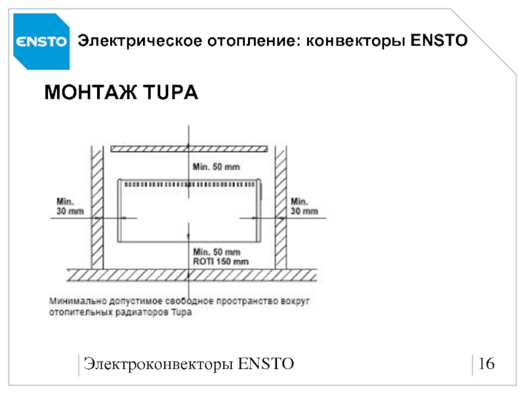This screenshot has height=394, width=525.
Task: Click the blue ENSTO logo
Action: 41,41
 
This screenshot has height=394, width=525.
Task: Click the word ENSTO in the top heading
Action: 439,41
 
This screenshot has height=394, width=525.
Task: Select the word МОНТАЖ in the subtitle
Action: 91,92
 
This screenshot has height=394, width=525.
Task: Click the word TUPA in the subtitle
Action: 171,92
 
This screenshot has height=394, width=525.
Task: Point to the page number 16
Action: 486,364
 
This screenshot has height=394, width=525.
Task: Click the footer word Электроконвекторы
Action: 158,364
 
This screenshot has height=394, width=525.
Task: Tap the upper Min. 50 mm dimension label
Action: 217,167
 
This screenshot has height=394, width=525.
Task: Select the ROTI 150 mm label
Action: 220,261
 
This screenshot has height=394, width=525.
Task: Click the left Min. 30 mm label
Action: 70,206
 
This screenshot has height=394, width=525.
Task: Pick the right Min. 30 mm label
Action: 304,206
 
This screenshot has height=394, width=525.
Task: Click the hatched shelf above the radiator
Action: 189,149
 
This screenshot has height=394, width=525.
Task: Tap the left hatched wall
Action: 97,207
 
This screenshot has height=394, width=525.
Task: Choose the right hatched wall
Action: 281,207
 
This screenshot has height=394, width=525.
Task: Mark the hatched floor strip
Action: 192,275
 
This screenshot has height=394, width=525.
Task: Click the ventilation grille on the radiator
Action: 190,185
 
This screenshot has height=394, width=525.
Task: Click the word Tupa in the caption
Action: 182,313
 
